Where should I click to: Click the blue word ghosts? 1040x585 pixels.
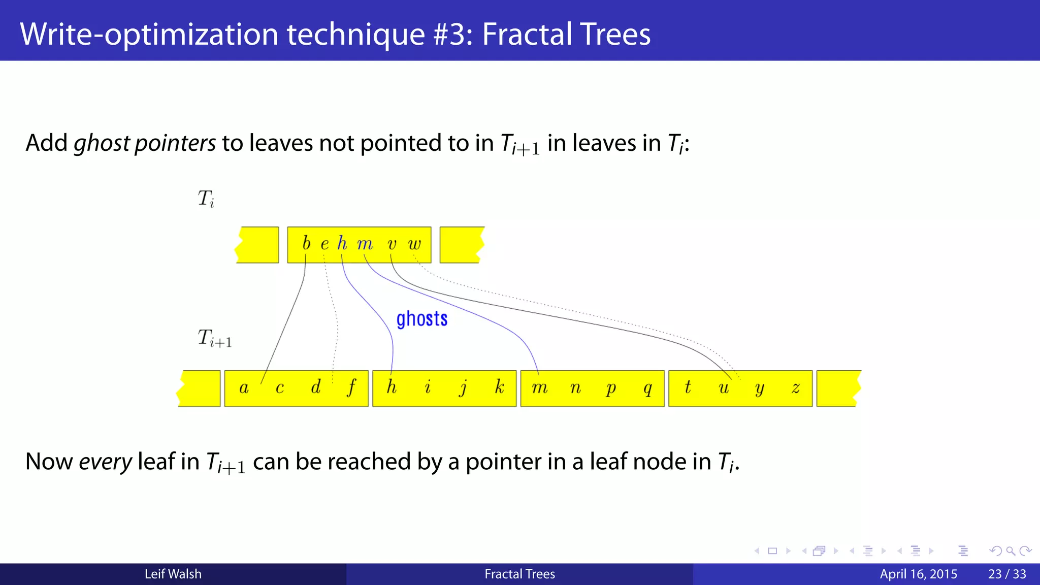[x=421, y=319]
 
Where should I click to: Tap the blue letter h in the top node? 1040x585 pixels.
[x=342, y=244]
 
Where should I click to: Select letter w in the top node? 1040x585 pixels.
[x=414, y=244]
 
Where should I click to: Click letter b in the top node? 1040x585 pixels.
[x=306, y=243]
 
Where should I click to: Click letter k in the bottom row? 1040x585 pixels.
[x=500, y=387]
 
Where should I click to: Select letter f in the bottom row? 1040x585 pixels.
[x=351, y=387]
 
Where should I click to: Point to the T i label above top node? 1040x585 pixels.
[x=206, y=199]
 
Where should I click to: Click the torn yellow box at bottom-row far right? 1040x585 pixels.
[x=838, y=388]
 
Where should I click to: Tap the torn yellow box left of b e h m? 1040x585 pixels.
[x=257, y=245]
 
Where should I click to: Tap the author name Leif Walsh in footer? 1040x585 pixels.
[x=173, y=574]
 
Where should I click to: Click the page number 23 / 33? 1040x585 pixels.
[x=1006, y=574]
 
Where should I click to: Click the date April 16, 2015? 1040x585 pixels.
[x=918, y=574]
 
